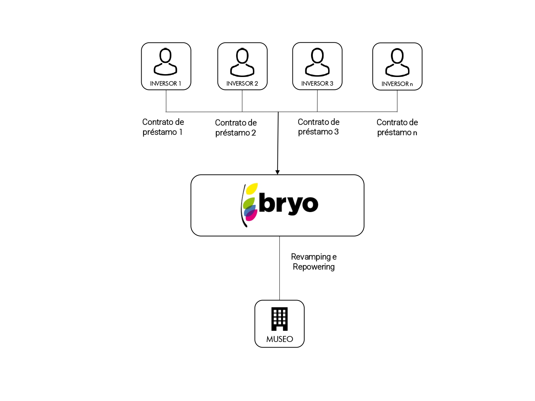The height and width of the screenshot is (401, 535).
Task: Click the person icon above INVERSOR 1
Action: (165, 62)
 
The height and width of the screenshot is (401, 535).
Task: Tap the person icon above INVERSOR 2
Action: (242, 62)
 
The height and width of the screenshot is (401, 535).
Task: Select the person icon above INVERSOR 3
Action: (317, 62)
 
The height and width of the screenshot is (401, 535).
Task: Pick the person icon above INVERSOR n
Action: (397, 62)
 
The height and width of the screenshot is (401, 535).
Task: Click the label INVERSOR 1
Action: (165, 83)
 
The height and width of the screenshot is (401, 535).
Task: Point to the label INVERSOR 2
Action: (242, 83)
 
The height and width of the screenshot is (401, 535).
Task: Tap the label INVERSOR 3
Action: (317, 83)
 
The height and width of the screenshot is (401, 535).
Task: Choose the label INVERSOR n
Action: (397, 84)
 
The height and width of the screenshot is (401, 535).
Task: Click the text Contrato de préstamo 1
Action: (163, 127)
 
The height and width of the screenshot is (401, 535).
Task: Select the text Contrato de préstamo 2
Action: (236, 128)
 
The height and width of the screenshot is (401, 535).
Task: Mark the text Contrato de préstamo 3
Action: (318, 127)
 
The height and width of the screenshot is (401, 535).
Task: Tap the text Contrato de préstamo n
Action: (397, 127)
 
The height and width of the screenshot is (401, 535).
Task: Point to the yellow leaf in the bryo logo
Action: (252, 189)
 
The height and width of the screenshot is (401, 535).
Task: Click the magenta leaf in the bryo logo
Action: (251, 215)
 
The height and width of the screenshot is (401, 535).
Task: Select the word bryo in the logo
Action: (289, 204)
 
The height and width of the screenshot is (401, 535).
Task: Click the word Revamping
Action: (311, 257)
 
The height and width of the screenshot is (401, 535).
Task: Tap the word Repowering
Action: (314, 267)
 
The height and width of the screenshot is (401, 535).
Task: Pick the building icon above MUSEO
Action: (280, 319)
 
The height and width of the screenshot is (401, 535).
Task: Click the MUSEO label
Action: (280, 339)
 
